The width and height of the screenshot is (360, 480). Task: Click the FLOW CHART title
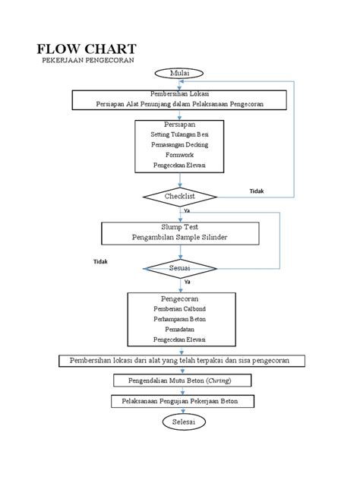point(87,49)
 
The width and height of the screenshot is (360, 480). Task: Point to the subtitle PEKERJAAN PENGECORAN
point(88,60)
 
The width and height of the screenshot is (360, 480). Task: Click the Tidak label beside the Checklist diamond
point(257,191)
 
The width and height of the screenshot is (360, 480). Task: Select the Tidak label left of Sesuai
point(100,261)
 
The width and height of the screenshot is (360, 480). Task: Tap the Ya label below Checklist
point(187,210)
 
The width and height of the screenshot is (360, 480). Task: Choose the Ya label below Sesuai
point(188,282)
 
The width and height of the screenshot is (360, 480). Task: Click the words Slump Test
point(180,227)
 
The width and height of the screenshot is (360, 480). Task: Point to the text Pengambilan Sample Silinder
point(180,237)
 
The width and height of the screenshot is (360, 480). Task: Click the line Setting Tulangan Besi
point(180,134)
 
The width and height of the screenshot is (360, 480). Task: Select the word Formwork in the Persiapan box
point(180,155)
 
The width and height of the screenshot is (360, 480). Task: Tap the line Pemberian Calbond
point(180,309)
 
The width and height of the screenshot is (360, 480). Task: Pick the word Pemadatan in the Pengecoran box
point(180,330)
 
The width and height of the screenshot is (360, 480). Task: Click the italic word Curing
point(219,381)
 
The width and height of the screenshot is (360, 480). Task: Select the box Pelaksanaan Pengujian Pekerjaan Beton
point(183,401)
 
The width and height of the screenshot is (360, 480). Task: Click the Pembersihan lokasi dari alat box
point(182,361)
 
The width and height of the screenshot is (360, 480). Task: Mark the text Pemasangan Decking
point(180,144)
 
